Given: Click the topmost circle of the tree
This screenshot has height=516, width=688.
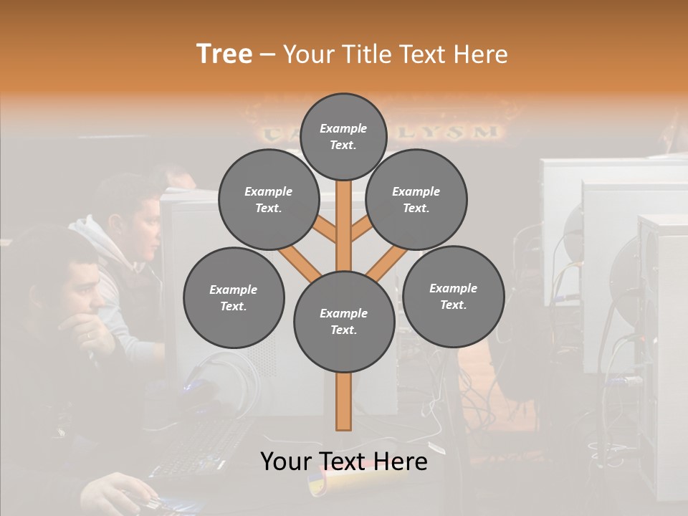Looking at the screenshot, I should click(343, 136).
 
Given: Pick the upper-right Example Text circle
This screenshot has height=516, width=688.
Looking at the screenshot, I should click(416, 199).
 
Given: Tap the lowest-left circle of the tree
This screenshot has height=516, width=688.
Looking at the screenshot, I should click(234, 297).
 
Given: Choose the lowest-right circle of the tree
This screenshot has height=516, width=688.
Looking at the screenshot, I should click(453, 296).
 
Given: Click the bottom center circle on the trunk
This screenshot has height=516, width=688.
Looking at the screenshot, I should click(344, 322).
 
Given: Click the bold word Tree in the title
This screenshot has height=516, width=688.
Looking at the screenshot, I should click(224, 54).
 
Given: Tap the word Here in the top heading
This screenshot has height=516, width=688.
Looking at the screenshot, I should click(479, 54).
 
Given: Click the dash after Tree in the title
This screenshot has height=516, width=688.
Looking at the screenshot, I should click(267, 54).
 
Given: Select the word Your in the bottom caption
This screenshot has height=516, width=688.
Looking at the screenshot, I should click(286, 462).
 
